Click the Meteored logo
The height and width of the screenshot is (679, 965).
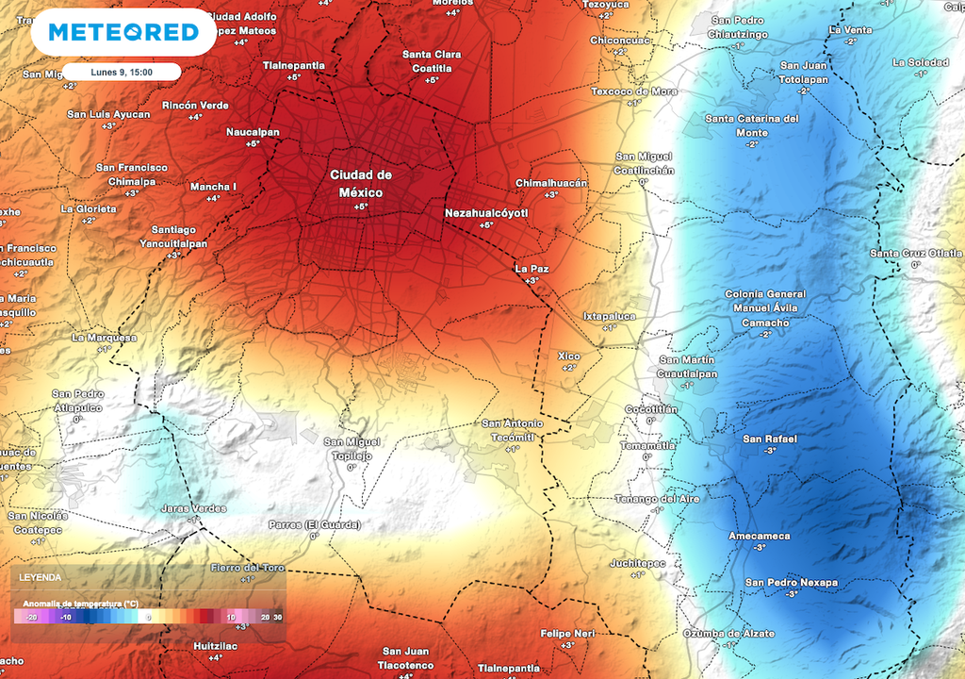(x=123, y=33)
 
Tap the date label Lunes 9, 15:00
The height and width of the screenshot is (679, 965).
(x=122, y=72)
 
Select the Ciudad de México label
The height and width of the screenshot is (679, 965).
(x=360, y=183)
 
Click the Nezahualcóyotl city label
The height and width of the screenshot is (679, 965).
(x=486, y=214)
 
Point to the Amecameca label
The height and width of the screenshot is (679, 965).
(x=760, y=536)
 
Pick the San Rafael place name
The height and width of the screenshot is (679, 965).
(x=770, y=439)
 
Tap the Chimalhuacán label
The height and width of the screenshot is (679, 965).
(x=551, y=183)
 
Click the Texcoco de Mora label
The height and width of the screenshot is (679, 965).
(x=634, y=91)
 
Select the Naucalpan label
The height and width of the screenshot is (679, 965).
(x=253, y=132)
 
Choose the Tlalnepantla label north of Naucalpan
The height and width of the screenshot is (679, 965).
(x=293, y=65)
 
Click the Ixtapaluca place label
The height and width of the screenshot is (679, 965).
(x=609, y=316)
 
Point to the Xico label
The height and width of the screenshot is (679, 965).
(x=568, y=356)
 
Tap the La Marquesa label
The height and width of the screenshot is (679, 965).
(x=104, y=338)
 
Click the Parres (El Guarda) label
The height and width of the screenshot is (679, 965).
(x=315, y=525)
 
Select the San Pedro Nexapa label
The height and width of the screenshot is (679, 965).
(x=791, y=582)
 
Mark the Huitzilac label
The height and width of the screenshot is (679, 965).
(x=215, y=646)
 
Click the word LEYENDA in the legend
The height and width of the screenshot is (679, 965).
(x=41, y=577)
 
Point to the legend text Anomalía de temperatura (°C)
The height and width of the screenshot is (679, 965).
(x=80, y=603)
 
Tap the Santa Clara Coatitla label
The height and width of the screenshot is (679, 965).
(x=432, y=60)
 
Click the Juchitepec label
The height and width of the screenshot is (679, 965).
(x=637, y=563)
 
